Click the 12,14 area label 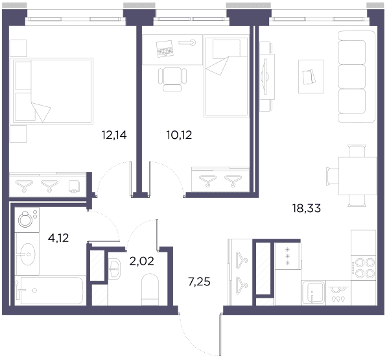pyautogui.click(x=114, y=136)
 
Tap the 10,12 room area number pyautogui.click(x=180, y=136)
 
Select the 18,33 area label pyautogui.click(x=307, y=208)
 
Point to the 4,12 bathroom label pyautogui.click(x=58, y=238)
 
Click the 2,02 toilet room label pyautogui.click(x=142, y=261)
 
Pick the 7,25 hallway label pyautogui.click(x=199, y=282)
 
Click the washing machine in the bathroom pyautogui.click(x=27, y=220)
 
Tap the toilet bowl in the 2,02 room pyautogui.click(x=150, y=289)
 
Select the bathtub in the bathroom pyautogui.click(x=50, y=290)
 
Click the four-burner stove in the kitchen pyautogui.click(x=363, y=268)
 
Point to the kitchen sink pyautogui.click(x=313, y=293)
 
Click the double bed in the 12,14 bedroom pyautogui.click(x=53, y=91)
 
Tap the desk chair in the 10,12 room pyautogui.click(x=172, y=78)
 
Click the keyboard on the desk pyautogui.click(x=165, y=49)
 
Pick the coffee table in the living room pyautogui.click(x=311, y=77)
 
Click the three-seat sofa pyautogui.click(x=357, y=77)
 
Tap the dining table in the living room pyautogui.click(x=357, y=176)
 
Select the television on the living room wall pyautogui.click(x=265, y=77)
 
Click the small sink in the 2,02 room pyautogui.click(x=114, y=268)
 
